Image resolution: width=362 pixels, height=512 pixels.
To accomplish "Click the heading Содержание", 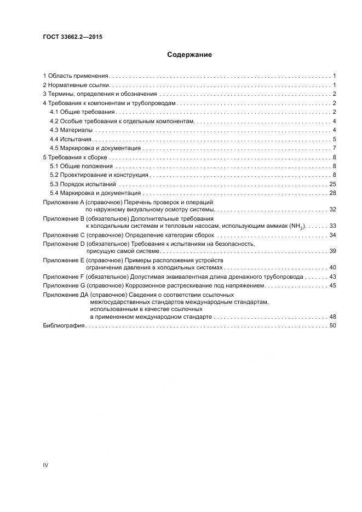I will pos(189,55).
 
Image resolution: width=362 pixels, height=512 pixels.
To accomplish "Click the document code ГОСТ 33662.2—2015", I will pos(73,37).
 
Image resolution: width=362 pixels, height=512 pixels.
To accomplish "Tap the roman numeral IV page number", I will pos(45,465).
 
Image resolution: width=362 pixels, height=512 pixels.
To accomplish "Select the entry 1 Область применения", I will pos(76,76).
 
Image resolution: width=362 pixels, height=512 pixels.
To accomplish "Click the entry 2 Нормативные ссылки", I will pos(77,85).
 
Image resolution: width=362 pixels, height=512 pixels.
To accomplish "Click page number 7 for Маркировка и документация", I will pos(333,148).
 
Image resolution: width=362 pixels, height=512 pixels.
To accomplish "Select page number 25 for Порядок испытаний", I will pos(332,184).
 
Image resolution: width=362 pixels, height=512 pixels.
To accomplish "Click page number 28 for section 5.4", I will pos(332,193).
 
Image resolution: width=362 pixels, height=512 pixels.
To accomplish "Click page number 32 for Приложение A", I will pos(332,210).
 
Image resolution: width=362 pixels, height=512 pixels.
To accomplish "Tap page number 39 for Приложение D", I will pos(332,251).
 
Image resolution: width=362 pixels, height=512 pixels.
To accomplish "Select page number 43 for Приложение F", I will pos(332,277).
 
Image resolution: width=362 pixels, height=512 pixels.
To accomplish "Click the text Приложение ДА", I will pos(65,295).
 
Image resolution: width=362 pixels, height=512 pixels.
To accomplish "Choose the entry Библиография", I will pos(64,326).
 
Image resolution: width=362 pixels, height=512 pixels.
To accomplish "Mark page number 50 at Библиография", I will pos(332,326).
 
